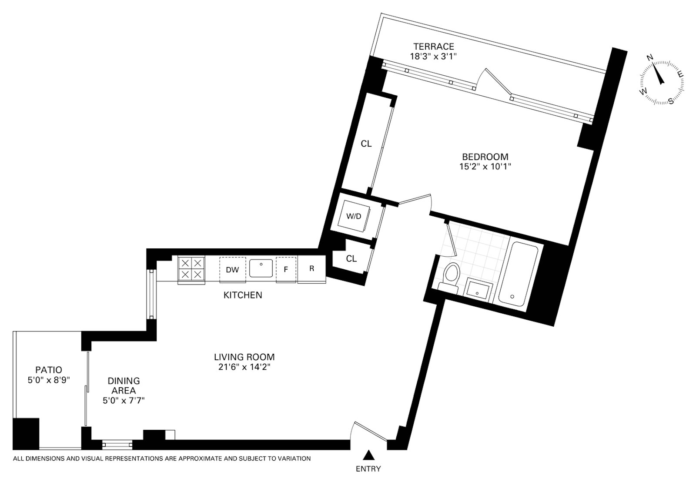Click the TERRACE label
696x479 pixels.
pos(433,47)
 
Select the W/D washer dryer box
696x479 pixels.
pos(353,216)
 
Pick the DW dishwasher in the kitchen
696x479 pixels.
pos(232,270)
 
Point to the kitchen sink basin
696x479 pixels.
pos(261,268)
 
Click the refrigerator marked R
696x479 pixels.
pos(311,269)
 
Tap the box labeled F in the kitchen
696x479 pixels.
pos(286,270)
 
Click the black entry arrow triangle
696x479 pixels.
pos(368,455)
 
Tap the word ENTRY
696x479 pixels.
pos(368,469)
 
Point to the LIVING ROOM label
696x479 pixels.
pos(244,357)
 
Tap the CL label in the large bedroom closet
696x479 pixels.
pos(366,144)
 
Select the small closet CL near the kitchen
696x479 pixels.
pos(351,259)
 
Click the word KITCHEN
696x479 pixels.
pos(243,295)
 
